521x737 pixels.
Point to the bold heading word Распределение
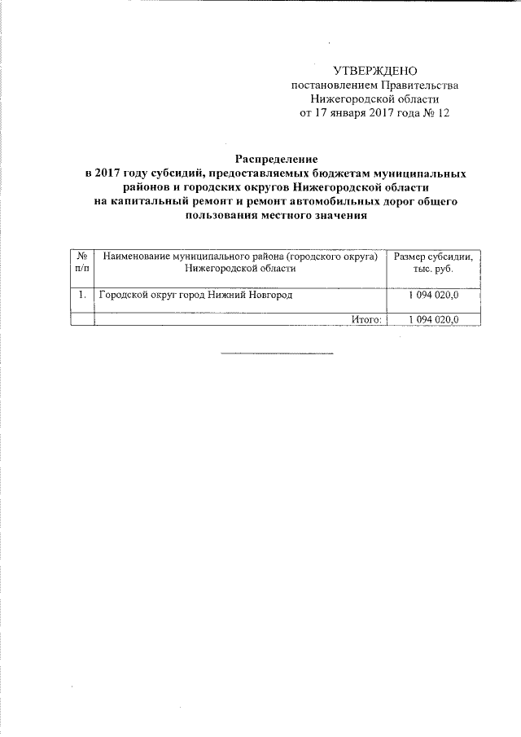[277, 160]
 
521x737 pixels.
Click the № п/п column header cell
[82, 262]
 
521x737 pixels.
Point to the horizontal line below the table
[277, 353]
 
